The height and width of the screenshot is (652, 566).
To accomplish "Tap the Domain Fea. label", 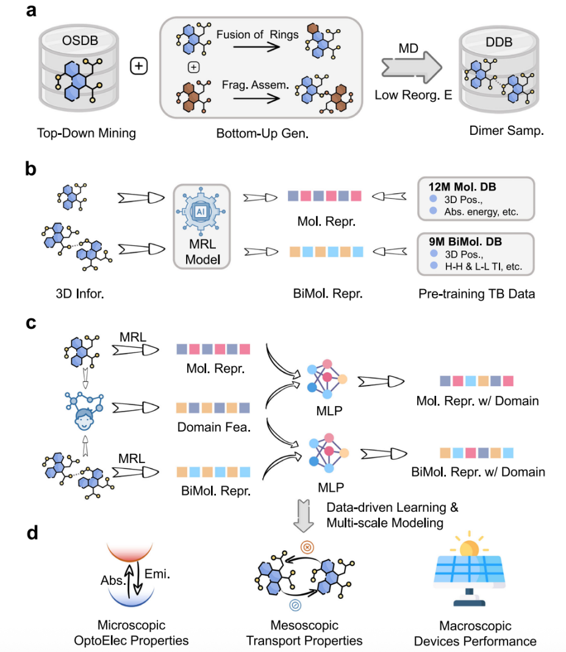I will coord(209,428).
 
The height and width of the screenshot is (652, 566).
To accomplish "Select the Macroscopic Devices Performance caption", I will coord(475,633).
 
